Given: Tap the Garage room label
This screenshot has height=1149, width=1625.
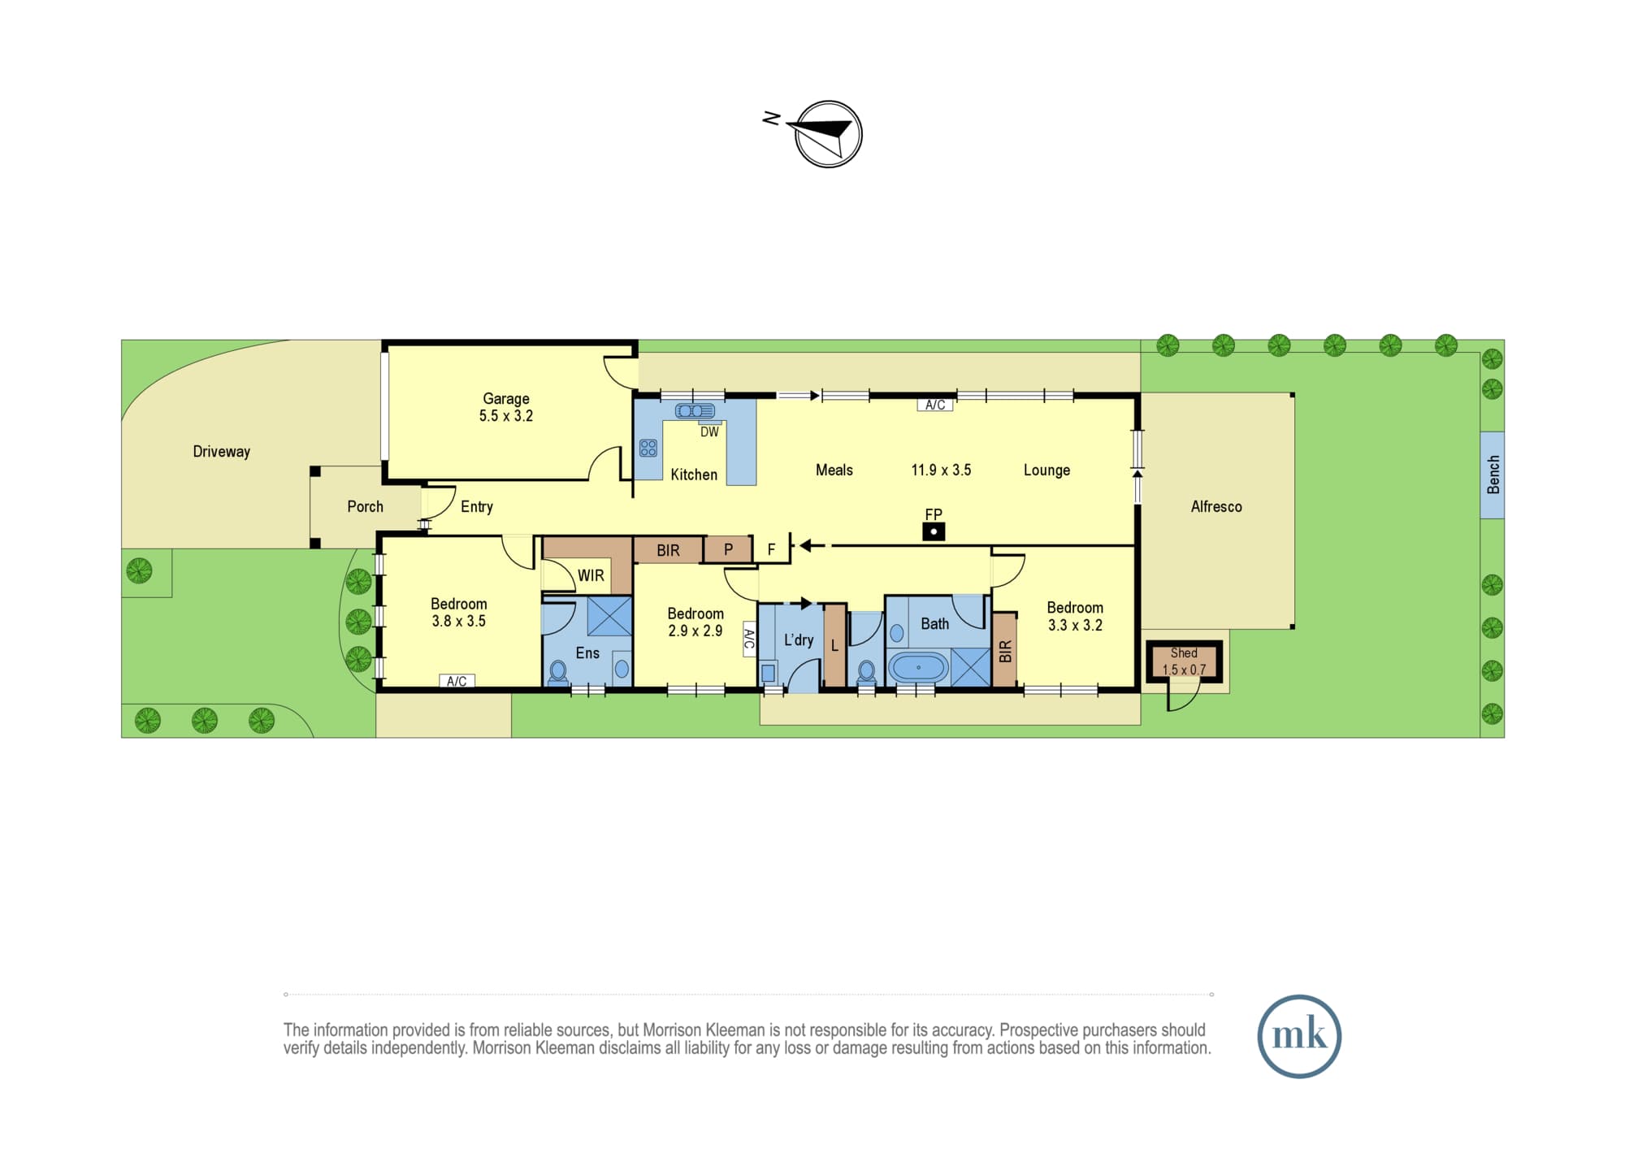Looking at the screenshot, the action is point(506,398).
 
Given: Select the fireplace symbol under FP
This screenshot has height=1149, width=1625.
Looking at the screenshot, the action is point(934,532).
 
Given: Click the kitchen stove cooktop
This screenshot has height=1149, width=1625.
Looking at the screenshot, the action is point(648,448).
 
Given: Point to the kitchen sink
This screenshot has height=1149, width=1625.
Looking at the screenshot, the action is point(695,411).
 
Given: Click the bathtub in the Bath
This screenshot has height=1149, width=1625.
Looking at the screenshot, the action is point(919,668).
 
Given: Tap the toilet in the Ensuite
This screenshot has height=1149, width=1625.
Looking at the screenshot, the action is point(558,672).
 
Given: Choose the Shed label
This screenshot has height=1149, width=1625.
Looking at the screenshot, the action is point(1184,653).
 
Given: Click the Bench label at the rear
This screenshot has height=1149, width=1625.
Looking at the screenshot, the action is point(1493,475).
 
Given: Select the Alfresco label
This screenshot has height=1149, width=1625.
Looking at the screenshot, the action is point(1216,506).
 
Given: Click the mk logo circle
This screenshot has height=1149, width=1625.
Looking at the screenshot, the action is point(1299,1036).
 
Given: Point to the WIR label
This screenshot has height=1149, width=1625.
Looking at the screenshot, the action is point(591,575).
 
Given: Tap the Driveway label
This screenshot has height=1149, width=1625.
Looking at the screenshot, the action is point(221,452).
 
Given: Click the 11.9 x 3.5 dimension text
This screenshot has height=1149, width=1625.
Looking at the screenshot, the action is point(941,470).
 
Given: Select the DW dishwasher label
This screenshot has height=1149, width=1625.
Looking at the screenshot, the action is point(709,432).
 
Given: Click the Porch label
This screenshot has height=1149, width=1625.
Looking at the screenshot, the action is point(365,506).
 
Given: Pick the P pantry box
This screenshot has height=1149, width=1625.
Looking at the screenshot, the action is point(728,549).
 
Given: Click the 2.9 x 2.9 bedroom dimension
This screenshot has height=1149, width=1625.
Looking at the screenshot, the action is point(695,631).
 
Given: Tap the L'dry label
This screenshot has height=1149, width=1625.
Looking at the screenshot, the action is point(799,640).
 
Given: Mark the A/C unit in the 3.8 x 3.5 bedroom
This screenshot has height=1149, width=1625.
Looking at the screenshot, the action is point(457,681).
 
